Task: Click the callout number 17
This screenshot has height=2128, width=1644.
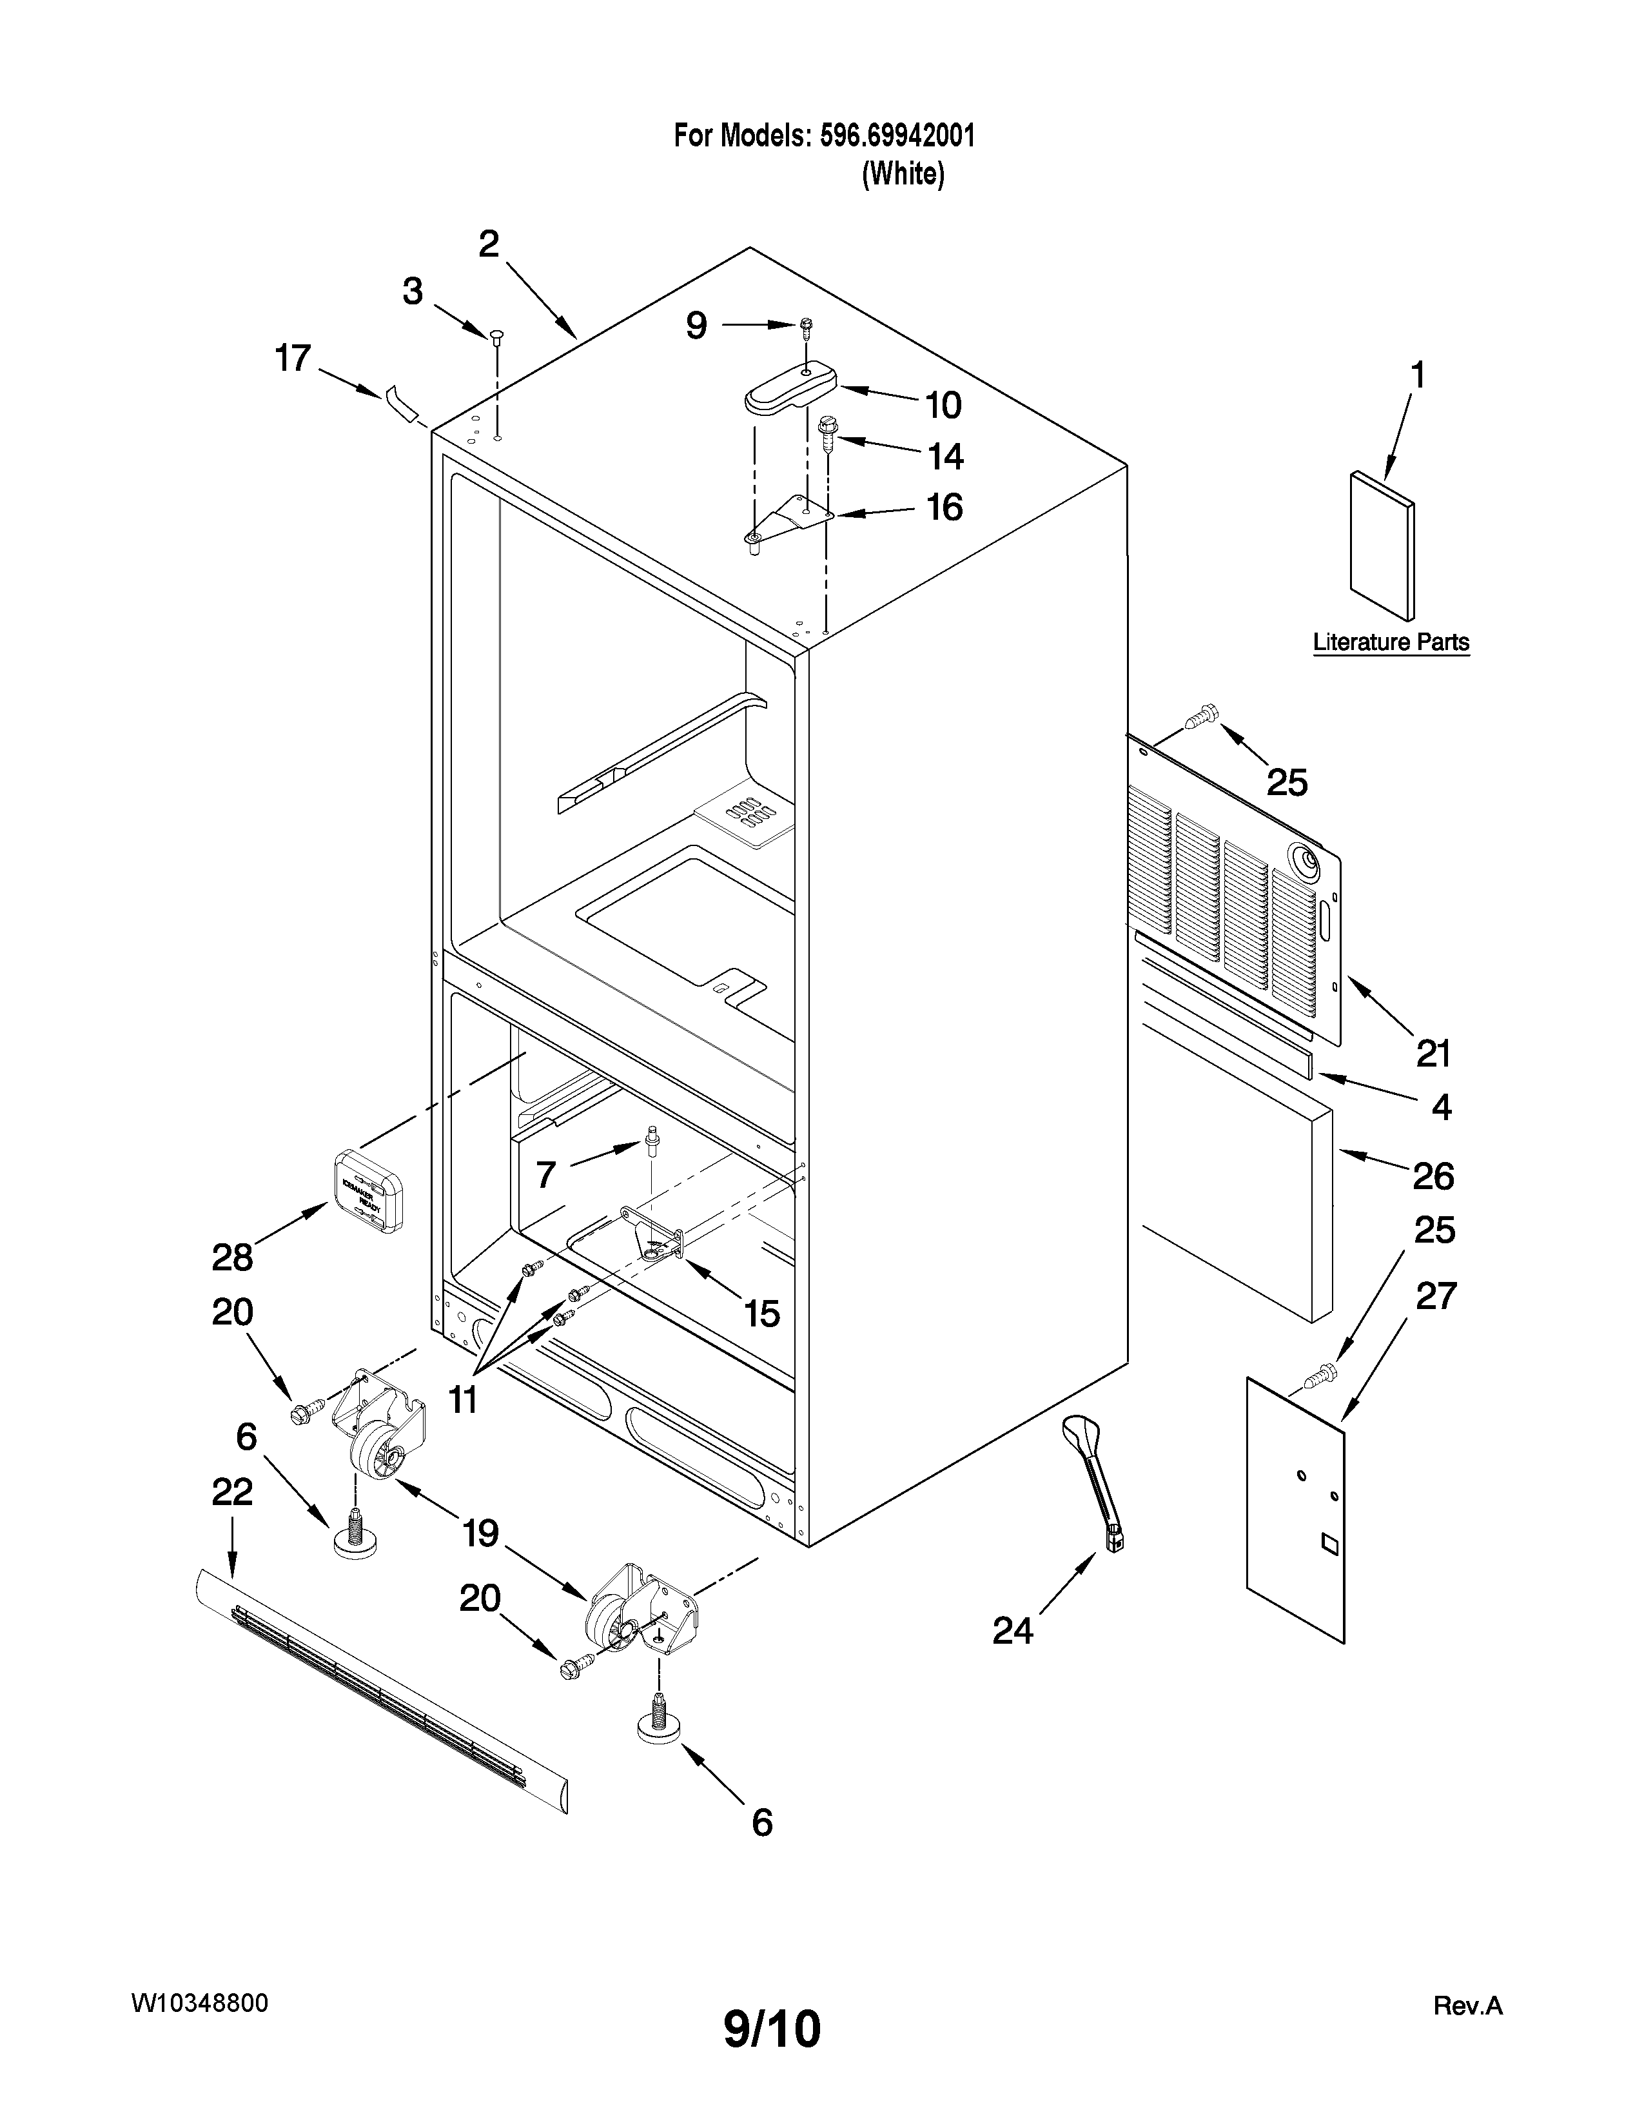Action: pyautogui.click(x=292, y=359)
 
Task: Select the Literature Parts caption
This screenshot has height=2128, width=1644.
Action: pyautogui.click(x=1391, y=642)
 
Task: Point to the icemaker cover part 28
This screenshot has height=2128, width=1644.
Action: pyautogui.click(x=368, y=1190)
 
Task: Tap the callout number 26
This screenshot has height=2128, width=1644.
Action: pyautogui.click(x=1433, y=1177)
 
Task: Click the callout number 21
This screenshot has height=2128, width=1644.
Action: pyautogui.click(x=1433, y=1053)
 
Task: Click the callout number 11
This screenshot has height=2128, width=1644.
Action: pyautogui.click(x=463, y=1400)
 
